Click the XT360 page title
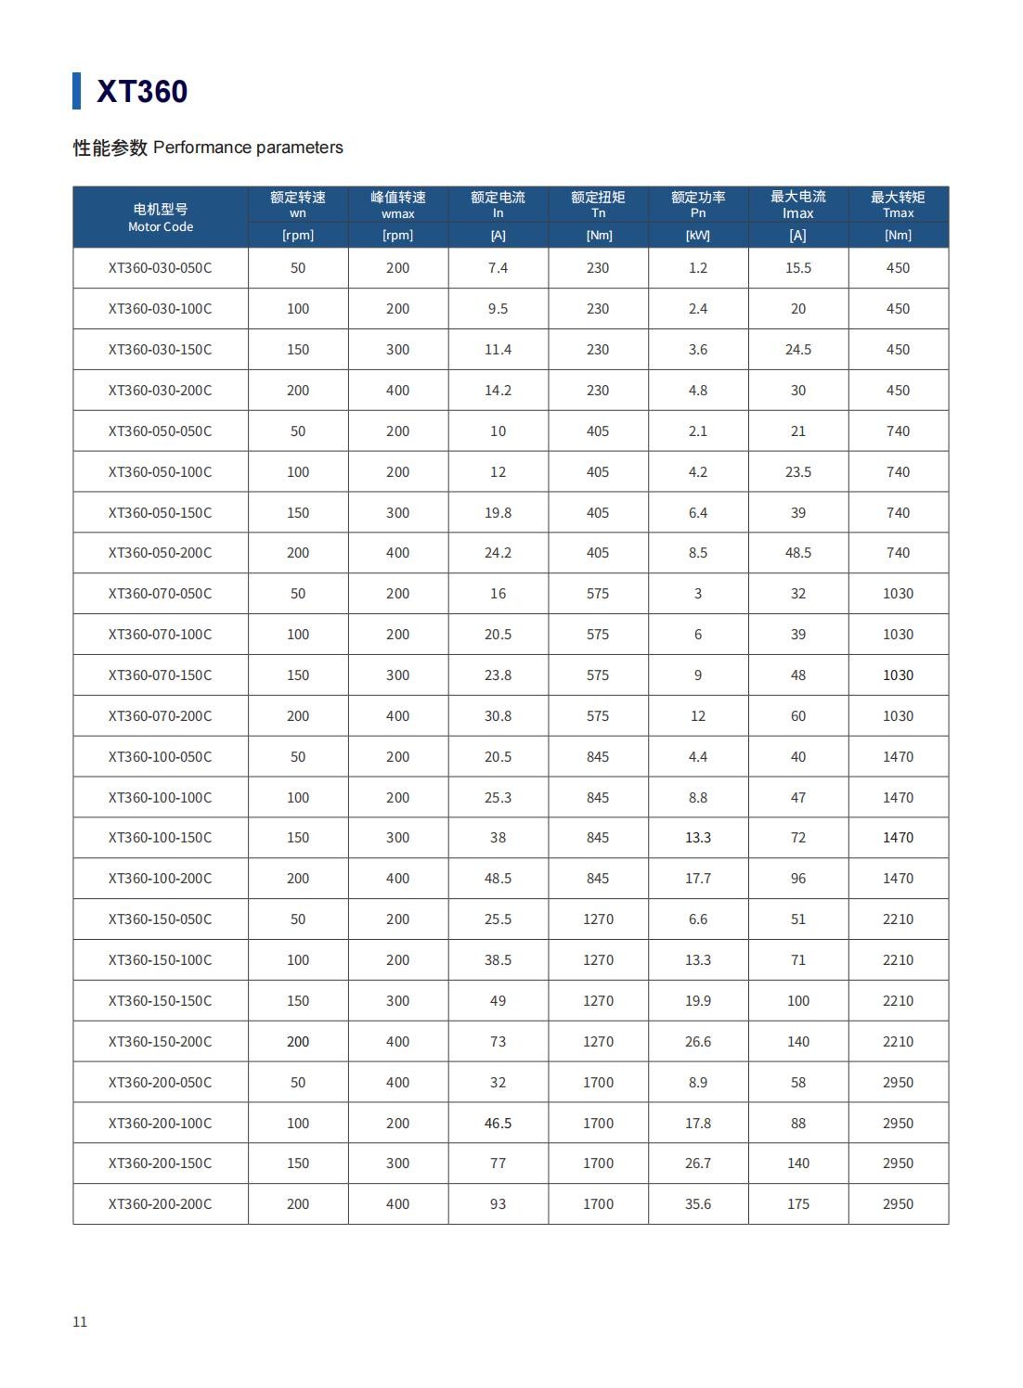click(x=142, y=91)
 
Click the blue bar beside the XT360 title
click(x=77, y=91)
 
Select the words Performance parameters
click(x=248, y=148)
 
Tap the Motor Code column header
click(x=161, y=217)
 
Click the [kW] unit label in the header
click(x=697, y=236)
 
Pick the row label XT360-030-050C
click(x=160, y=268)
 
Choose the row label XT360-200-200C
click(x=160, y=1204)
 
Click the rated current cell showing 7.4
click(x=498, y=268)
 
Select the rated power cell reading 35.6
click(x=698, y=1204)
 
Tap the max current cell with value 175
click(x=797, y=1204)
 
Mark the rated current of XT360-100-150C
click(x=498, y=838)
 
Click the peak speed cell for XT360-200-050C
click(x=397, y=1083)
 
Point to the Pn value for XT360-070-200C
click(x=698, y=716)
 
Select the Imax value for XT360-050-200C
click(x=797, y=553)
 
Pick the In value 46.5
click(x=498, y=1124)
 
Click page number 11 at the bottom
click(x=80, y=1322)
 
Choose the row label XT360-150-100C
click(x=160, y=960)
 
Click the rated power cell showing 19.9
click(x=698, y=1001)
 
